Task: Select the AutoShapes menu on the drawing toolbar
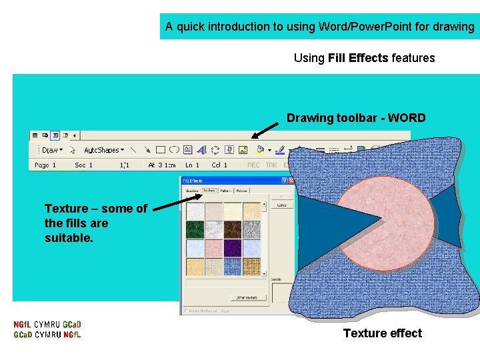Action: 103,150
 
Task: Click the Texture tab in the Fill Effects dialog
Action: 209,191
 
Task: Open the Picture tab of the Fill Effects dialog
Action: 241,191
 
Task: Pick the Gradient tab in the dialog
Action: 193,191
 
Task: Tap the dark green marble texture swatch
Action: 195,230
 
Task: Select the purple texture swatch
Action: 233,248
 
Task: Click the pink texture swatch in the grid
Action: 213,248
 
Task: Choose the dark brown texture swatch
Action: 233,230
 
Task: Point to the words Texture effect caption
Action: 382,333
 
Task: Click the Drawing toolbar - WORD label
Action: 356,118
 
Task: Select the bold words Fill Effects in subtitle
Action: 358,58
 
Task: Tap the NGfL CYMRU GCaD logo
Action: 47,329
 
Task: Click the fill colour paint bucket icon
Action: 260,150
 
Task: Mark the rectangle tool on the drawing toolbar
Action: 161,150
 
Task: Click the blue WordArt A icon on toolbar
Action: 201,150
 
